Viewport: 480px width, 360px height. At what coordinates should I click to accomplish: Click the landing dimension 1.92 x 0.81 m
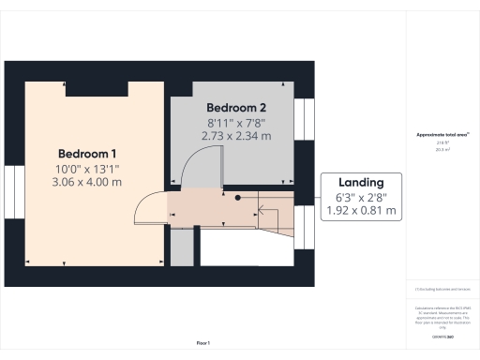362,212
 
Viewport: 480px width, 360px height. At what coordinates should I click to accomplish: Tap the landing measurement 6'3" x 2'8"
362,198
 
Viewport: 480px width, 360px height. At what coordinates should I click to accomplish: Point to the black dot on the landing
238,198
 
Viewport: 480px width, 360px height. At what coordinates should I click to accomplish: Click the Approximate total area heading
442,135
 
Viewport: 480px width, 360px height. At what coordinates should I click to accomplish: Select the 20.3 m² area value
442,148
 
